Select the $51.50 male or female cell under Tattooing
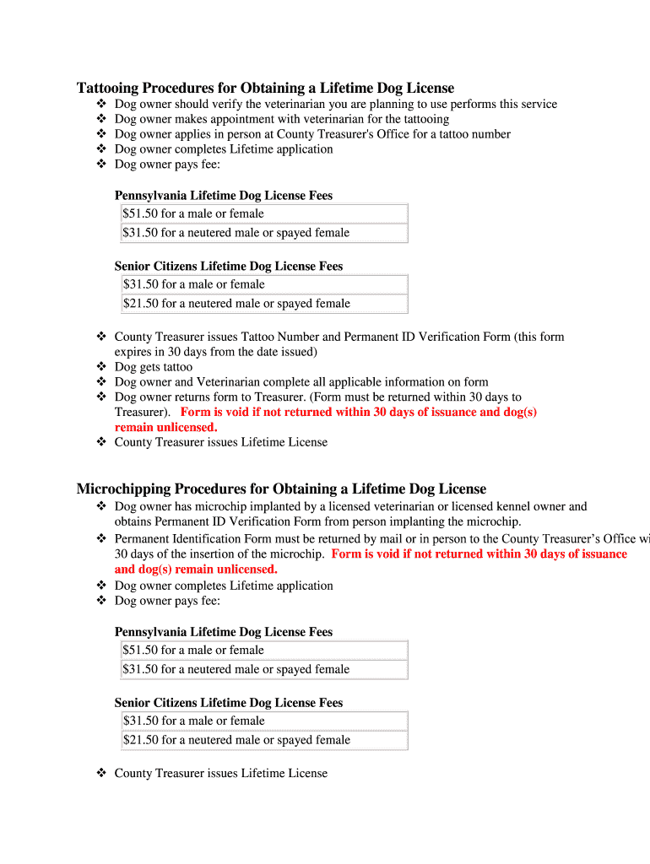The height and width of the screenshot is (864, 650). [264, 213]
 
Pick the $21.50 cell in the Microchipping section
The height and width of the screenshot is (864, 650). [264, 740]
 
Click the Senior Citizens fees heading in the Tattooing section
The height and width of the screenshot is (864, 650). [229, 266]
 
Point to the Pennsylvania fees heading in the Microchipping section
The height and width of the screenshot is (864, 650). [224, 632]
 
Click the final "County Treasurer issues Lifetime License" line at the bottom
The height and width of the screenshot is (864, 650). [220, 773]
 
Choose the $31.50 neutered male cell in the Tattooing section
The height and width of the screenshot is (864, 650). [264, 233]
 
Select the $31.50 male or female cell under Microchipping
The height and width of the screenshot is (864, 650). [264, 721]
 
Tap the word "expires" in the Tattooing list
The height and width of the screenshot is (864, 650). [133, 352]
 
